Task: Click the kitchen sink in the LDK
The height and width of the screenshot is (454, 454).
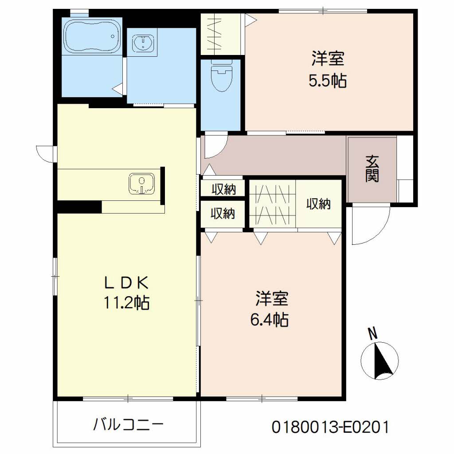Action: click(141, 184)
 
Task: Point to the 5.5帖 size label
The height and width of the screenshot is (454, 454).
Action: click(328, 81)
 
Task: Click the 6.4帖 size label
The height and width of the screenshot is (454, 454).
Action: click(271, 319)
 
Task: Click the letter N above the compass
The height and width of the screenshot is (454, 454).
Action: click(373, 333)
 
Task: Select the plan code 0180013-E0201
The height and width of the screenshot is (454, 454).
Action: click(330, 427)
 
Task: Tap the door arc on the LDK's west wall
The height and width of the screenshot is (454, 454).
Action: click(44, 153)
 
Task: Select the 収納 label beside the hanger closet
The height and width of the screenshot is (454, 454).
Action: click(318, 204)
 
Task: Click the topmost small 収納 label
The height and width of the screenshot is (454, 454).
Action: click(223, 189)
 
